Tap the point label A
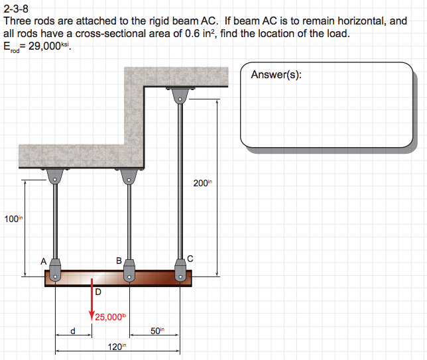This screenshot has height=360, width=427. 44,261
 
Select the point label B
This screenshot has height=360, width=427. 119,261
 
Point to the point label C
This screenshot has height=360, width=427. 190,259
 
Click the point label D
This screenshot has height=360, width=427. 97,291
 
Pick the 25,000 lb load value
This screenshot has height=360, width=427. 110,317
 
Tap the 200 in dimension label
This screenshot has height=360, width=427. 202,184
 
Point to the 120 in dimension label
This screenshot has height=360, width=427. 117,347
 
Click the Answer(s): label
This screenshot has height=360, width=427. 276,75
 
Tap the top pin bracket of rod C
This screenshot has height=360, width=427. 178,95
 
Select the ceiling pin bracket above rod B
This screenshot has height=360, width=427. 129,176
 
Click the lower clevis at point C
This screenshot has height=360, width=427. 179,268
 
